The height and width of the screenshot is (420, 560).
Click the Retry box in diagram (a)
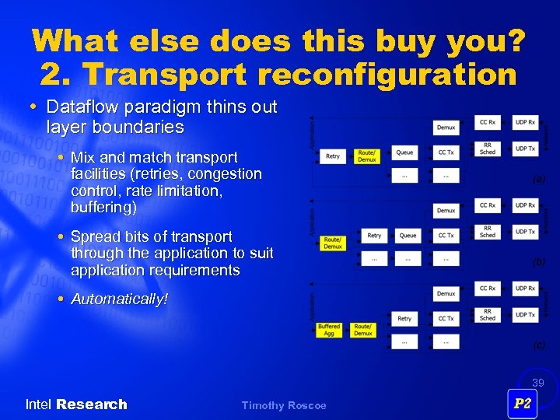[x=333, y=156]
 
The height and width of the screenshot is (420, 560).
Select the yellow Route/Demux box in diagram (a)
[x=367, y=156]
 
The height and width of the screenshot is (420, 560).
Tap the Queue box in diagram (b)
[x=408, y=235]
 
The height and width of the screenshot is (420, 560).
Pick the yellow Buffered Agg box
[x=329, y=330]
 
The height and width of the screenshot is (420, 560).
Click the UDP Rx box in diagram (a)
[x=526, y=121]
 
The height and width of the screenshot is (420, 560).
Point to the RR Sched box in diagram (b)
[x=488, y=232]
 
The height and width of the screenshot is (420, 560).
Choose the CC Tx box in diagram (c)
[x=446, y=318]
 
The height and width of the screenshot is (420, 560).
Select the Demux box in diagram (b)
[x=446, y=210]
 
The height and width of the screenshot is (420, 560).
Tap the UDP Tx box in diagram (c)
[x=526, y=315]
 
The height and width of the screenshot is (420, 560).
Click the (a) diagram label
[x=538, y=179]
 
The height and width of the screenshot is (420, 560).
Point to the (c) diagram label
[x=538, y=345]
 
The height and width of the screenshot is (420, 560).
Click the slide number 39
[x=537, y=383]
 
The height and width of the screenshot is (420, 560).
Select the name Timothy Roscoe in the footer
[x=284, y=405]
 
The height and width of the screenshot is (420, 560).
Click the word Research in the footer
[x=91, y=404]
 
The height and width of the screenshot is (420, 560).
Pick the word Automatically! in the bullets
[x=119, y=299]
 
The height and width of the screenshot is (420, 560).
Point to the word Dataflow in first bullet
[x=77, y=107]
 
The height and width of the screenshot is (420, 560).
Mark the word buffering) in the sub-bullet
[x=103, y=208]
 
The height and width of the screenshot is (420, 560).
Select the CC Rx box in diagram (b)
[x=488, y=205]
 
